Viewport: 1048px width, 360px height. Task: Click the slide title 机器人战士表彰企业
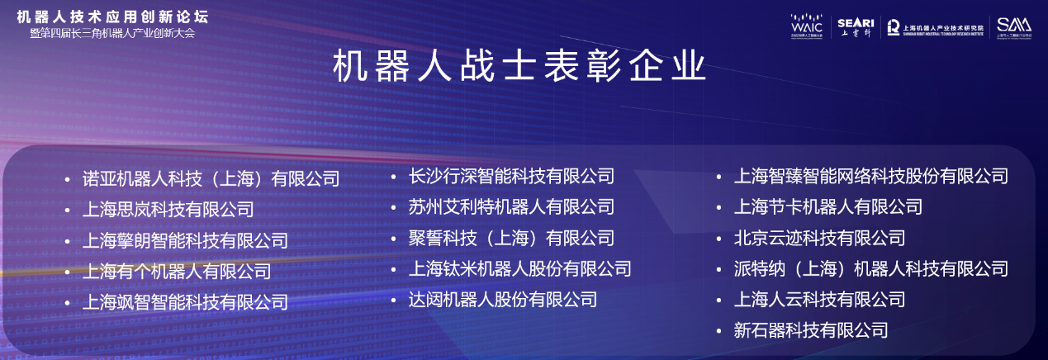click(x=519, y=67)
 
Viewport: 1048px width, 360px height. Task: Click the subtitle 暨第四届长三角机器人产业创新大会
click(x=112, y=34)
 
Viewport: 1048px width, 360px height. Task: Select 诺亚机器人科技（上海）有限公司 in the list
click(x=211, y=178)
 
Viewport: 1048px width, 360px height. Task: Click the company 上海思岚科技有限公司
click(x=168, y=210)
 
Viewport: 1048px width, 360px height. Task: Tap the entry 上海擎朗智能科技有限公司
click(x=185, y=240)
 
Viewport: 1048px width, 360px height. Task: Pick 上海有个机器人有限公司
click(x=177, y=271)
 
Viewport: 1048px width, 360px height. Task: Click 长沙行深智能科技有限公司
click(x=511, y=176)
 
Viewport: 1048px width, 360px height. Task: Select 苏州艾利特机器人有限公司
click(x=511, y=206)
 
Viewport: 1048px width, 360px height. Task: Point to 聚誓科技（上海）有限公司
click(x=511, y=238)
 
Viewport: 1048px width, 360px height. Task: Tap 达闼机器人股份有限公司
click(x=502, y=299)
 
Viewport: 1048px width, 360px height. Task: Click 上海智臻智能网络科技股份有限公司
click(x=870, y=176)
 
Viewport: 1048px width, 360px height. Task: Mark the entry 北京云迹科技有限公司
click(x=819, y=238)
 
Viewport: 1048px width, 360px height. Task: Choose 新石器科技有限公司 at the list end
click(x=811, y=330)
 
